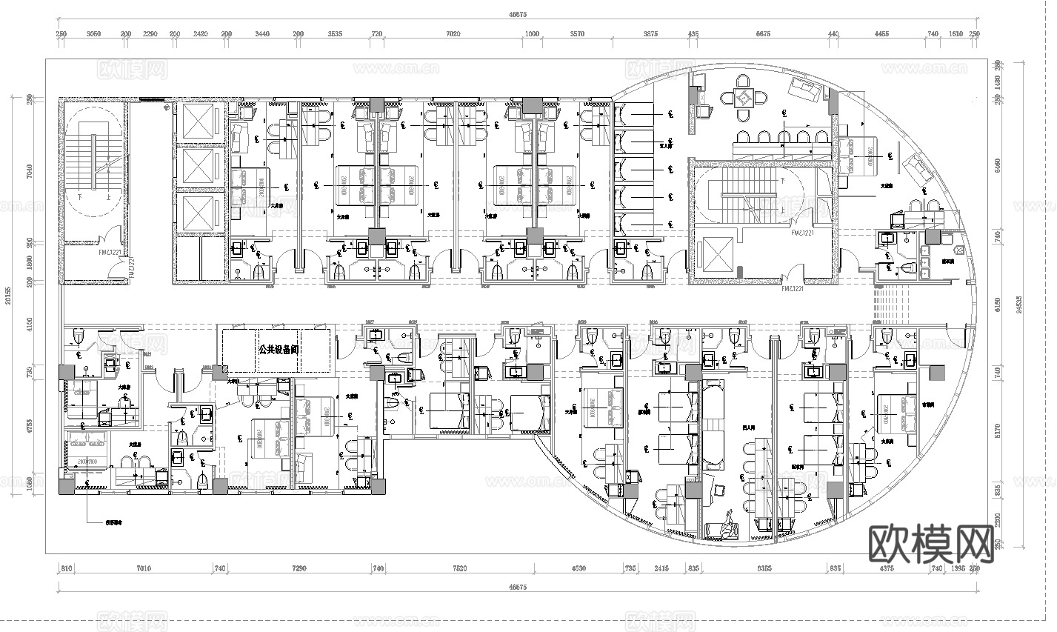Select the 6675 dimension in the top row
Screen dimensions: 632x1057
(x=762, y=34)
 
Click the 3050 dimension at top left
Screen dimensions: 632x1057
(x=94, y=34)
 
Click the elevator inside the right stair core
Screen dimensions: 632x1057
(x=713, y=254)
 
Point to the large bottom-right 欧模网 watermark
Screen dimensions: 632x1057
(x=930, y=545)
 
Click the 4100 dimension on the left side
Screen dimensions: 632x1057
(x=30, y=324)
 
